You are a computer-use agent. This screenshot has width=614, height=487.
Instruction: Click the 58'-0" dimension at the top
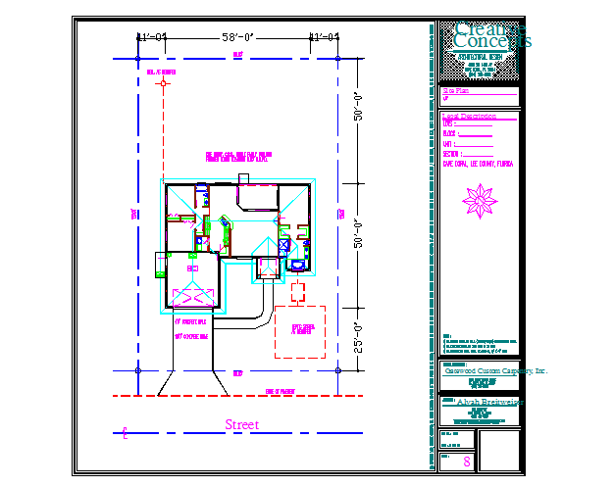coord(237,37)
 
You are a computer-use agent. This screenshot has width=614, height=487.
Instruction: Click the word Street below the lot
coord(242,424)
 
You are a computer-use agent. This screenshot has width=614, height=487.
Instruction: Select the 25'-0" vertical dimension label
coord(359,340)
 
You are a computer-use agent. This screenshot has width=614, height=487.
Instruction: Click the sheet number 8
coord(467,461)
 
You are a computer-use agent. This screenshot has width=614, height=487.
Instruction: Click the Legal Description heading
coord(463,116)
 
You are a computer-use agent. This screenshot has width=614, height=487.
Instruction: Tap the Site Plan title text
coord(444,90)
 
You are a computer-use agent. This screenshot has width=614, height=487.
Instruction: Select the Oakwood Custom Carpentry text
coord(483,371)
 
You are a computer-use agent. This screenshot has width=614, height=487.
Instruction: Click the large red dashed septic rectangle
coord(299,332)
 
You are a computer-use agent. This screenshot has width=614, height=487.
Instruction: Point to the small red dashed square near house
coord(298,291)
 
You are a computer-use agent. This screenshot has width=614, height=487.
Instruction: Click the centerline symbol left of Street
coord(125,431)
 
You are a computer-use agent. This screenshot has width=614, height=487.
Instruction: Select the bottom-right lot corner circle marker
coord(337,370)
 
